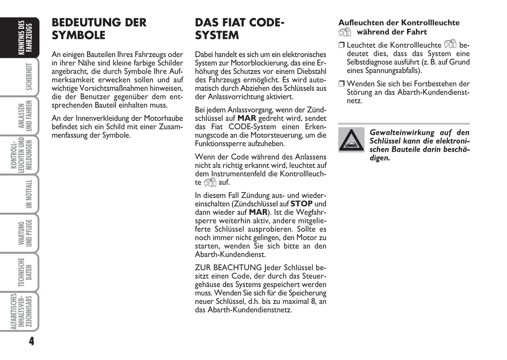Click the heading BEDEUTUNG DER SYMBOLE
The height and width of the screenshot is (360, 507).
pyautogui.click(x=99, y=29)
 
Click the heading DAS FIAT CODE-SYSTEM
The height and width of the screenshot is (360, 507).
pyautogui.click(x=239, y=29)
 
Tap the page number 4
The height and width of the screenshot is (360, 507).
pyautogui.click(x=32, y=341)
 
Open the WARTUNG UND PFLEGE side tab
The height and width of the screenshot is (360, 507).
pyautogui.click(x=25, y=233)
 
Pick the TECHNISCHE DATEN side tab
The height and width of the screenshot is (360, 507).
pyautogui.click(x=25, y=272)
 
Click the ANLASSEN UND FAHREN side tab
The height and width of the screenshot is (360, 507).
pyautogui.click(x=25, y=116)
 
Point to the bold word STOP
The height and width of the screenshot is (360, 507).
pyautogui.click(x=301, y=204)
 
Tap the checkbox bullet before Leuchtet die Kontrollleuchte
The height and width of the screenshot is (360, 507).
pyautogui.click(x=342, y=45)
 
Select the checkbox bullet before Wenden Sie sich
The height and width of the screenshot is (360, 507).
pyautogui.click(x=342, y=84)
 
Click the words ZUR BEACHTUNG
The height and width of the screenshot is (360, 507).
pyautogui.click(x=228, y=268)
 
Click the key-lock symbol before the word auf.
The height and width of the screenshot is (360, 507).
pyautogui.click(x=210, y=182)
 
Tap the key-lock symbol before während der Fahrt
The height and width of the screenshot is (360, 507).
pyautogui.click(x=345, y=32)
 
